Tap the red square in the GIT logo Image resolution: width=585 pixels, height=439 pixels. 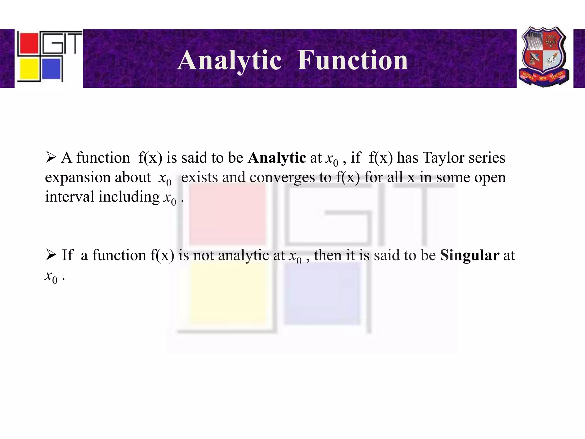pos(28,43)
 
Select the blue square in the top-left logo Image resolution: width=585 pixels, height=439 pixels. pos(51,69)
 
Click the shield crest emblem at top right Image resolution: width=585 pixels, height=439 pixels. pos(544,56)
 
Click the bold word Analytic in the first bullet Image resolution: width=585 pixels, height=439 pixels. pos(277,158)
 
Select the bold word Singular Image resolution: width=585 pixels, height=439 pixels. pos(469,255)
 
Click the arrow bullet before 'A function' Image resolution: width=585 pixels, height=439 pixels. pos(51,157)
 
